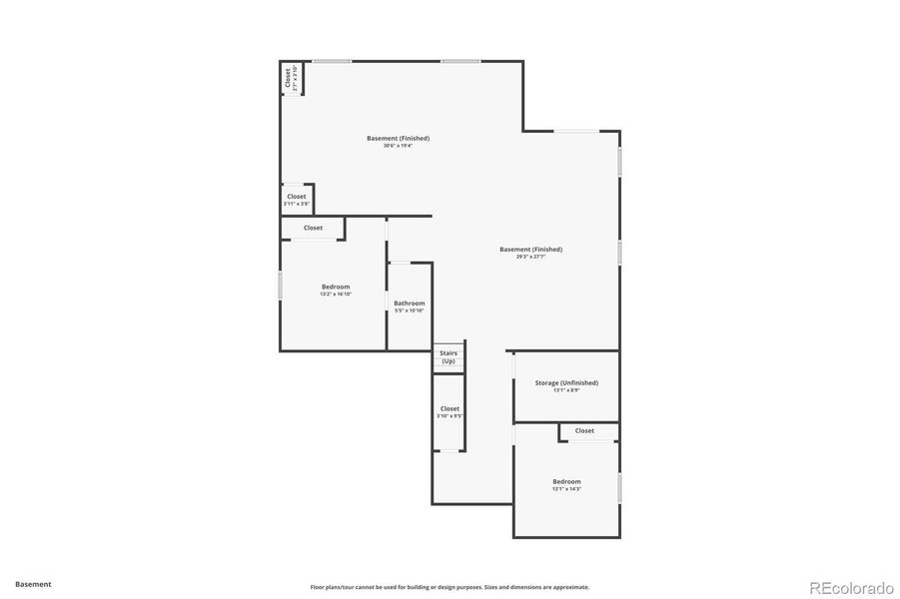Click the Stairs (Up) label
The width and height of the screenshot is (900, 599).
(449, 356)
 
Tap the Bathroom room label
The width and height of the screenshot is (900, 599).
(409, 303)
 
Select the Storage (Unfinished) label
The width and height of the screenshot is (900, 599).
(566, 382)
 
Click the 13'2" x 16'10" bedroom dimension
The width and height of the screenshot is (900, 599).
(336, 295)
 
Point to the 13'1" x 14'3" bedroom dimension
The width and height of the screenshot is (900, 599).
(566, 489)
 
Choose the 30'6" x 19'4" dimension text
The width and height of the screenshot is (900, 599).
(398, 146)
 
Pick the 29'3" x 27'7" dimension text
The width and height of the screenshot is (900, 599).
(530, 257)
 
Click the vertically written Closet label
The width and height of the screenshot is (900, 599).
(288, 78)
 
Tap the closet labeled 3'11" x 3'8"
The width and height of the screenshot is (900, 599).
(297, 204)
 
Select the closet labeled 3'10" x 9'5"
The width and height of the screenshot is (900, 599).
(450, 415)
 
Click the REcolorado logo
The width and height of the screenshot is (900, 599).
(850, 586)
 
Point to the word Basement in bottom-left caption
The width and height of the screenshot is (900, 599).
(33, 584)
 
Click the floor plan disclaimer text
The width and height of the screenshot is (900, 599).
(450, 587)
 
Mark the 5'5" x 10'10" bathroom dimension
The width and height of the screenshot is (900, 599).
(409, 310)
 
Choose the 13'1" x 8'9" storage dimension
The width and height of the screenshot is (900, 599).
(566, 390)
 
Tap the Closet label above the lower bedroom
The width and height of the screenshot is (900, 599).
(584, 431)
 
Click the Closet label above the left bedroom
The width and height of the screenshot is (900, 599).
(313, 228)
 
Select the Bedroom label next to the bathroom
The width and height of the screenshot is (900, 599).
(336, 287)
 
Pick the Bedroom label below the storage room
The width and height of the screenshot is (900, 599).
(566, 481)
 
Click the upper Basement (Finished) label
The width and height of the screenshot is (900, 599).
(398, 138)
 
